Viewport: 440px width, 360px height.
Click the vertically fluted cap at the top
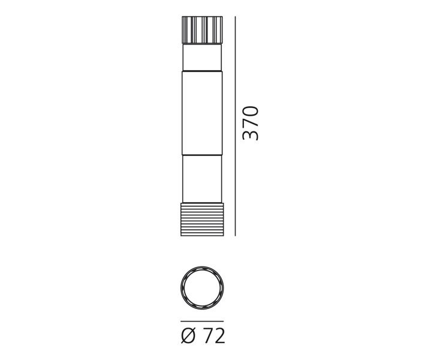(x=202, y=30)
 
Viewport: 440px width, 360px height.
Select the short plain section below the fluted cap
(x=202, y=57)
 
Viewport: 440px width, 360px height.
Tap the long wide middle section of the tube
(x=202, y=113)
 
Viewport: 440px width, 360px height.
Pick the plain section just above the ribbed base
(x=202, y=179)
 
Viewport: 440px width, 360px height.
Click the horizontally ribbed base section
(x=202, y=220)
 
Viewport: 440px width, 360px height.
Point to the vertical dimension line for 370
(x=235, y=126)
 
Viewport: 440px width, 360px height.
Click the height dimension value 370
(x=250, y=123)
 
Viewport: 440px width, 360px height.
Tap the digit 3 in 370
(x=250, y=134)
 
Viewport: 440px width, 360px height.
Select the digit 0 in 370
(x=250, y=111)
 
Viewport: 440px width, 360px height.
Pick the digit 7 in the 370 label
(x=250, y=123)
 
